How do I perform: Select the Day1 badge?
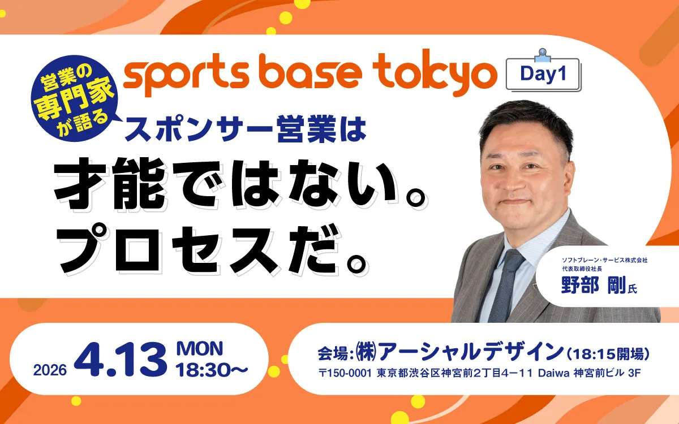click(543, 74)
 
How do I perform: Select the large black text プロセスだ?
click(209, 253)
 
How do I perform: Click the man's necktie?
click(505, 283)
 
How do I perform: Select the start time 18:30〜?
click(212, 370)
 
